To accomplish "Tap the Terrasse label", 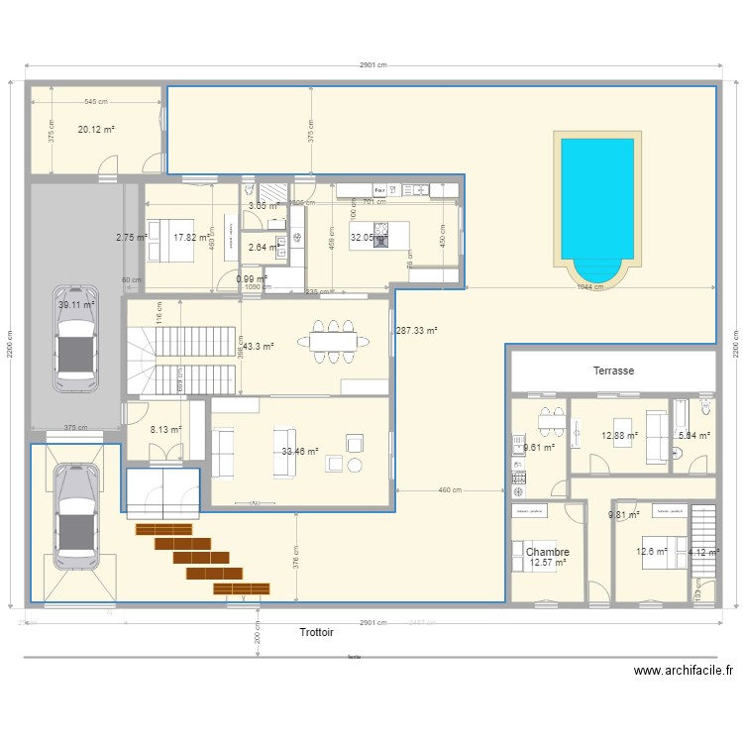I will tap(613, 371).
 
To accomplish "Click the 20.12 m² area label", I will tap(96, 129).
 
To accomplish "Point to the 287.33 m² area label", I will tap(417, 331).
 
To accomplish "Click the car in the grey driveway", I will tap(76, 335).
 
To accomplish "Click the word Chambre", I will tap(547, 552).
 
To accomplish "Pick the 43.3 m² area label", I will tap(258, 346).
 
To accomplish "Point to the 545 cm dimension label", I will tap(96, 102).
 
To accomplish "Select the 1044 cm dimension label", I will tap(591, 288).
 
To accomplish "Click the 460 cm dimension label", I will tap(451, 489).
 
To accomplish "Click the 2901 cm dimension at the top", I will tap(373, 65).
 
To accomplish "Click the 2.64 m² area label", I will tap(263, 248).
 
